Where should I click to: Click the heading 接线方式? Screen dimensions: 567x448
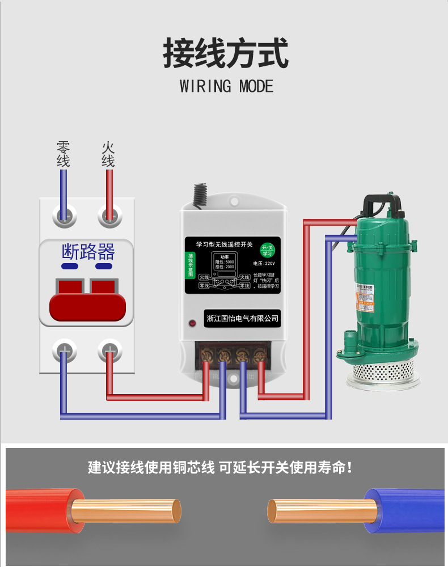226,53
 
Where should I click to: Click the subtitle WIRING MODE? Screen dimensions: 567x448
226,86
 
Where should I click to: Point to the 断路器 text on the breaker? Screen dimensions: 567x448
88,251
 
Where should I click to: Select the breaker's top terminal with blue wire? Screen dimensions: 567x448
64,214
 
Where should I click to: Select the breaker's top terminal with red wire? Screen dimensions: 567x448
109,214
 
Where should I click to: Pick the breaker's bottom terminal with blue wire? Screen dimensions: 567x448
64,350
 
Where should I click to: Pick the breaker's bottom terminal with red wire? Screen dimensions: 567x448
109,350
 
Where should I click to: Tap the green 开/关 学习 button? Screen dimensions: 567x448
267,250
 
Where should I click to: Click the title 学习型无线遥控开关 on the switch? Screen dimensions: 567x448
224,244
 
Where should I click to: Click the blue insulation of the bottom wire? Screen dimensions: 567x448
405,510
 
